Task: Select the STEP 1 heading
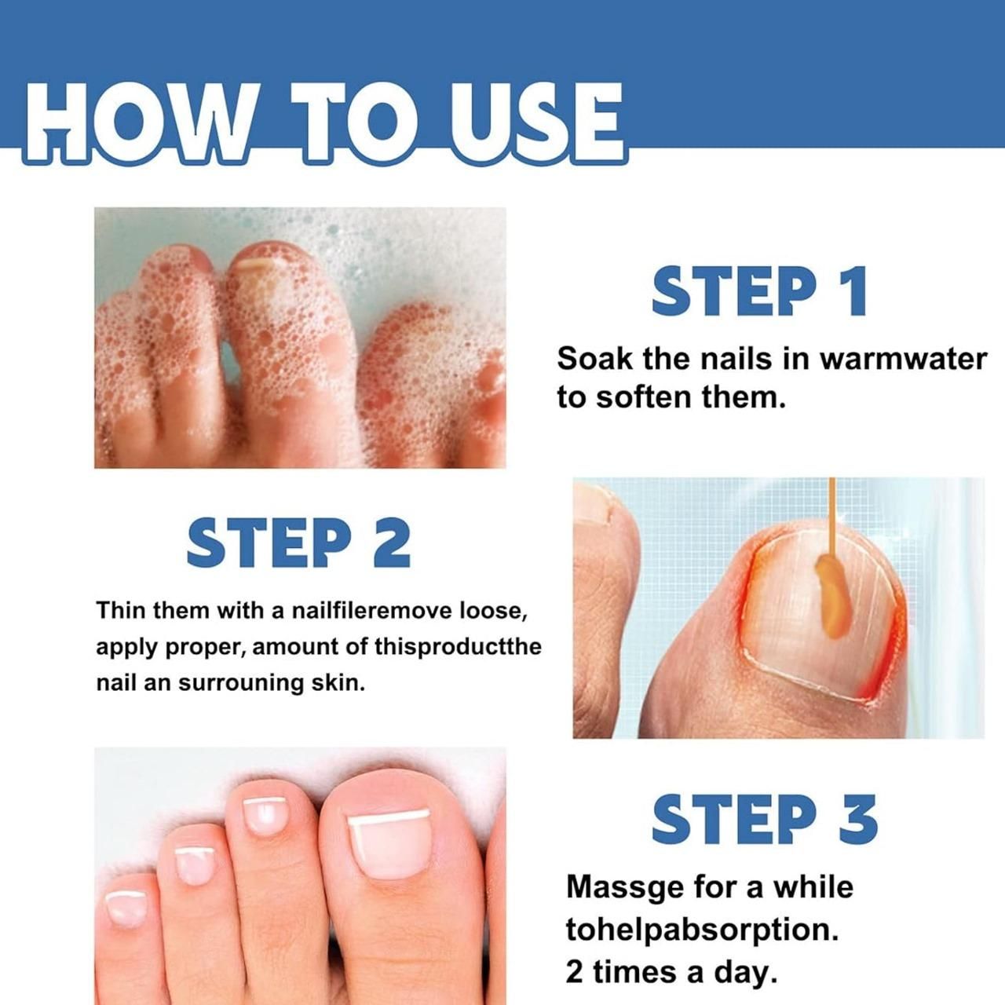point(759,291)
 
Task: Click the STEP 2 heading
point(298,543)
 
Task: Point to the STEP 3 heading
point(764,819)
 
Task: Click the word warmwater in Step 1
point(903,359)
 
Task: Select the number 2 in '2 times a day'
point(575,972)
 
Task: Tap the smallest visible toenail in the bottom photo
point(126,908)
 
